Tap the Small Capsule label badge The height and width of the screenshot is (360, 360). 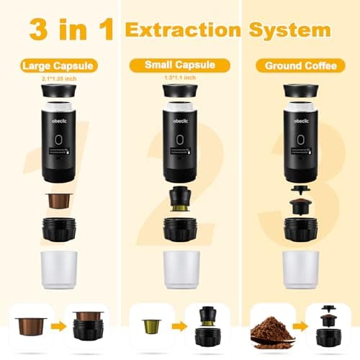(x=179, y=65)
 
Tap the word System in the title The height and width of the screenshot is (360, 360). (x=291, y=30)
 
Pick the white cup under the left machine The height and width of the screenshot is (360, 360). (x=59, y=269)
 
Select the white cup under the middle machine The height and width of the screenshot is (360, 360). (x=179, y=269)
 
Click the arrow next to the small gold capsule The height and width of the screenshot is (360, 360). (x=174, y=328)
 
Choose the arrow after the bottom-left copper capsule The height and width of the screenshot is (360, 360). (x=55, y=328)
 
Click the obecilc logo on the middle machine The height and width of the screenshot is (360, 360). (x=179, y=117)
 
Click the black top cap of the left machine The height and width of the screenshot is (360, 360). (x=60, y=92)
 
